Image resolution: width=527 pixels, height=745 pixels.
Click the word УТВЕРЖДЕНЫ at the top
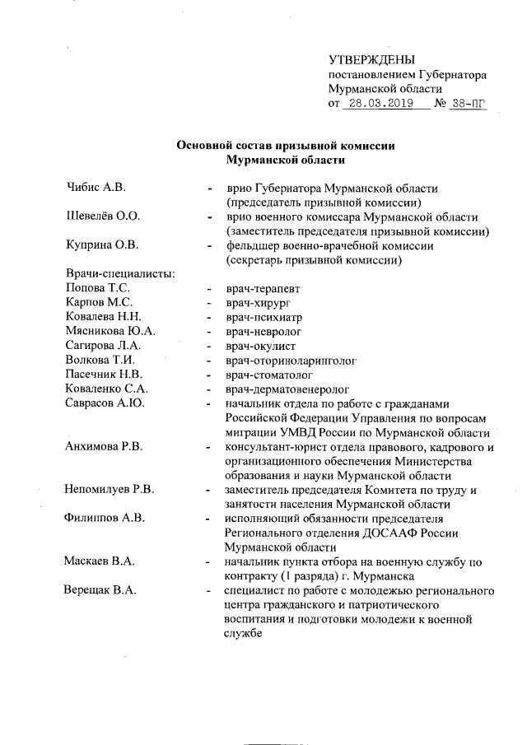coord(371,59)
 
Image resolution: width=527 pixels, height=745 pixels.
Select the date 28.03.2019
coord(378,104)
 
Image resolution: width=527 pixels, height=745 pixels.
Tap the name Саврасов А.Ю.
coord(105,403)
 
